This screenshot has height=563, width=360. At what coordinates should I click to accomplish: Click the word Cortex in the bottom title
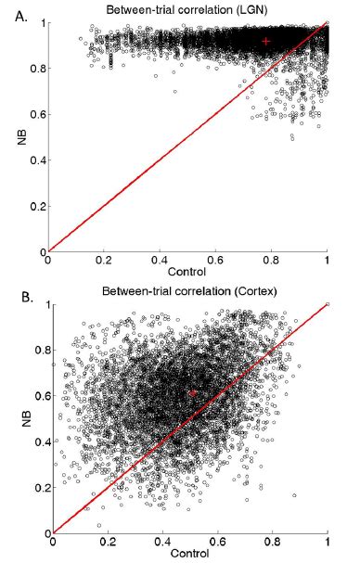point(260,295)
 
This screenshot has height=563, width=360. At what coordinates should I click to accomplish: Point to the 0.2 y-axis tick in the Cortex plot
point(37,487)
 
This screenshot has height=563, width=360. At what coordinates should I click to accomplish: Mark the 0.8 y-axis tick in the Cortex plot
point(37,350)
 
